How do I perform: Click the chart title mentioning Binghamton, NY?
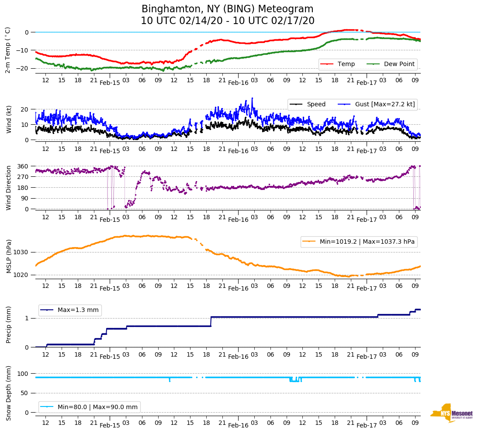coord(227,15)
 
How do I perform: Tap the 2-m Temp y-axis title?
coord(7,49)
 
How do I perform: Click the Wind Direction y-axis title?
coord(8,188)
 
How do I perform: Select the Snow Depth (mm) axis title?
coord(8,393)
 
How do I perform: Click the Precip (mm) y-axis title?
coord(8,325)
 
